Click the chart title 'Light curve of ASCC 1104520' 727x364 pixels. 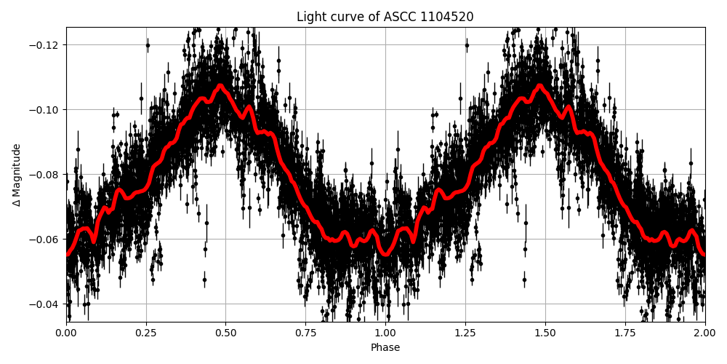(x=385, y=17)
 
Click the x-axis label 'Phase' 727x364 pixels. (x=385, y=348)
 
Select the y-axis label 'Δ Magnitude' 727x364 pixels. (x=17, y=175)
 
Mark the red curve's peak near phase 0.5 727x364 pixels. (x=220, y=85)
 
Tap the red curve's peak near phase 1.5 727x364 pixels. (x=539, y=85)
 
